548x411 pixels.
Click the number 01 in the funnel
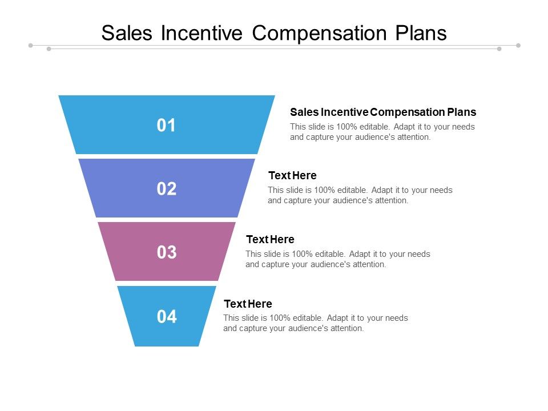click(167, 126)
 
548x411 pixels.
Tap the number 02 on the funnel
click(167, 189)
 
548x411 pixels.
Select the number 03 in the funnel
click(167, 252)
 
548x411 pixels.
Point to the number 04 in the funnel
click(167, 316)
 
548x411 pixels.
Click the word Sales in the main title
click(127, 33)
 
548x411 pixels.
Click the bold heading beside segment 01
click(383, 112)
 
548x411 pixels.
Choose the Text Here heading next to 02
click(292, 175)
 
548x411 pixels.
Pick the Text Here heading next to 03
click(270, 239)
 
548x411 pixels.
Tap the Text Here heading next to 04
click(248, 304)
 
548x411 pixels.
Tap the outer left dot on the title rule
click(31, 45)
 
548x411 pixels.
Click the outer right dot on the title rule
click(518, 45)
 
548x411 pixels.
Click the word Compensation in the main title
click(320, 33)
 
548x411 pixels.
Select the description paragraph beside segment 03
click(338, 259)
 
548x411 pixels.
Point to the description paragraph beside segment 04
click(316, 323)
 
